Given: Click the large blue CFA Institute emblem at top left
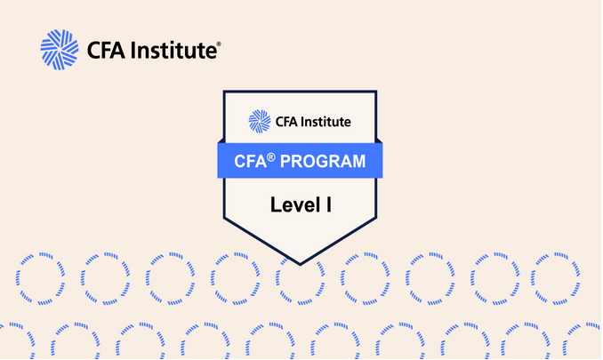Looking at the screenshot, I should (59, 50).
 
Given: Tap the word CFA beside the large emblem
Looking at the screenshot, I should (108, 50).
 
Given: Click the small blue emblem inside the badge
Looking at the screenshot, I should (259, 120).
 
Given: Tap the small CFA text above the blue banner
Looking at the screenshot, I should (285, 120).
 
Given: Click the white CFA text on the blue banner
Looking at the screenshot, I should (250, 162).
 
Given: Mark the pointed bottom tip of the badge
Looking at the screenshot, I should (300, 263).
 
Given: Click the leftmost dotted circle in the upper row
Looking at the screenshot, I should (40, 277).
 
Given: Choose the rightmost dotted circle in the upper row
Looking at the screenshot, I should (557, 277).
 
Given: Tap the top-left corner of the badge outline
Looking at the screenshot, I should (222, 90).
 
